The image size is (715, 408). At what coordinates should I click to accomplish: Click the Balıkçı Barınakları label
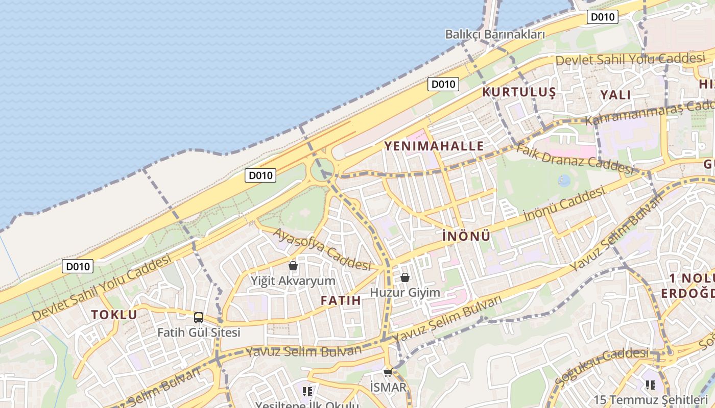495,35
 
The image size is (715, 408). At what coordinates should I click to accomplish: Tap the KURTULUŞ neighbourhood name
518,92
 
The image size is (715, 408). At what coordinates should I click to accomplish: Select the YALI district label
615,95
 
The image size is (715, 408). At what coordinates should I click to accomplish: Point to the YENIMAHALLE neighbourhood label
434,146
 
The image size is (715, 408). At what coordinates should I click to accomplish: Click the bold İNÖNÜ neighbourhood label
466,236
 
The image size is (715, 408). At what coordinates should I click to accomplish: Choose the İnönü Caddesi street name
564,204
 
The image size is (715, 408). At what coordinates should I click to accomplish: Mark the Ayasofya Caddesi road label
322,249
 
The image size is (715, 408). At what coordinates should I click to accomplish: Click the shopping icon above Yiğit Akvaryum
293,266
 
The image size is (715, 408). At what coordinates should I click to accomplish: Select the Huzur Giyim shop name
404,293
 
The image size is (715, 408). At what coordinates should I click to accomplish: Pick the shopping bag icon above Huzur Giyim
405,278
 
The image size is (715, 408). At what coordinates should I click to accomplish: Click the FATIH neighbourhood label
341,300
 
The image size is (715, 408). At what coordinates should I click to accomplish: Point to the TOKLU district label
114,315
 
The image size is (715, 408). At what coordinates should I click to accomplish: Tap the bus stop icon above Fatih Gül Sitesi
199,318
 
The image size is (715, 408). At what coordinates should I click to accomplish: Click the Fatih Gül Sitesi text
199,333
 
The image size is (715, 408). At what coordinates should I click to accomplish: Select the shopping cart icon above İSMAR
388,372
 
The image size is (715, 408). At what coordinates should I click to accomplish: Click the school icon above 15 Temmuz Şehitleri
650,385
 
